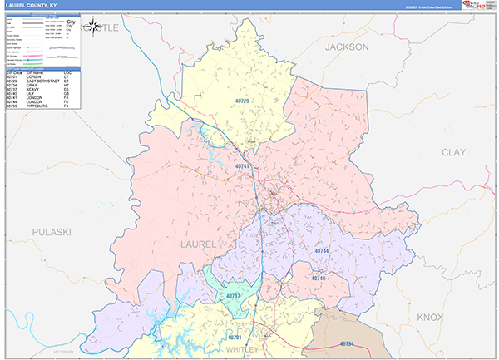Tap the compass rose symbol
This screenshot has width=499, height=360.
[x=96, y=27]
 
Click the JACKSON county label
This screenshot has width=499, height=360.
[x=346, y=47]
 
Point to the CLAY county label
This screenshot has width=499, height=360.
[x=453, y=152]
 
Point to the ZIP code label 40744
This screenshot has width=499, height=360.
[x=322, y=250]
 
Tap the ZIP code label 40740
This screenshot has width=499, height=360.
[x=319, y=278]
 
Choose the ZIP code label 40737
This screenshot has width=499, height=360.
[x=234, y=296]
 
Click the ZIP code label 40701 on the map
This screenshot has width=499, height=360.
[x=235, y=338]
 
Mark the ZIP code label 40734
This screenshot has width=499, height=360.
[x=347, y=343]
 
